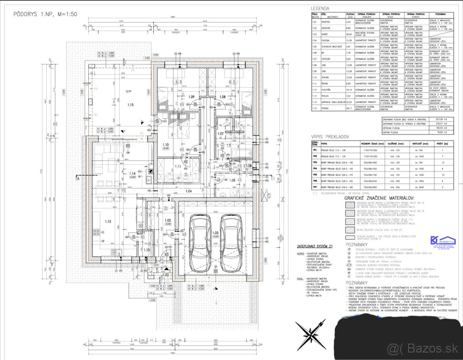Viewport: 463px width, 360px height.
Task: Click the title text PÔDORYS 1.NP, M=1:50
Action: pyautogui.click(x=46, y=14)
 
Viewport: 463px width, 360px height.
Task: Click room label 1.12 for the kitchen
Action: pyautogui.click(x=108, y=221)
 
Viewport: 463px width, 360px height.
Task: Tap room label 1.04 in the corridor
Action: pyautogui.click(x=188, y=191)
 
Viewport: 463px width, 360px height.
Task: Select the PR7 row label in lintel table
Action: pyautogui.click(x=315, y=187)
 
